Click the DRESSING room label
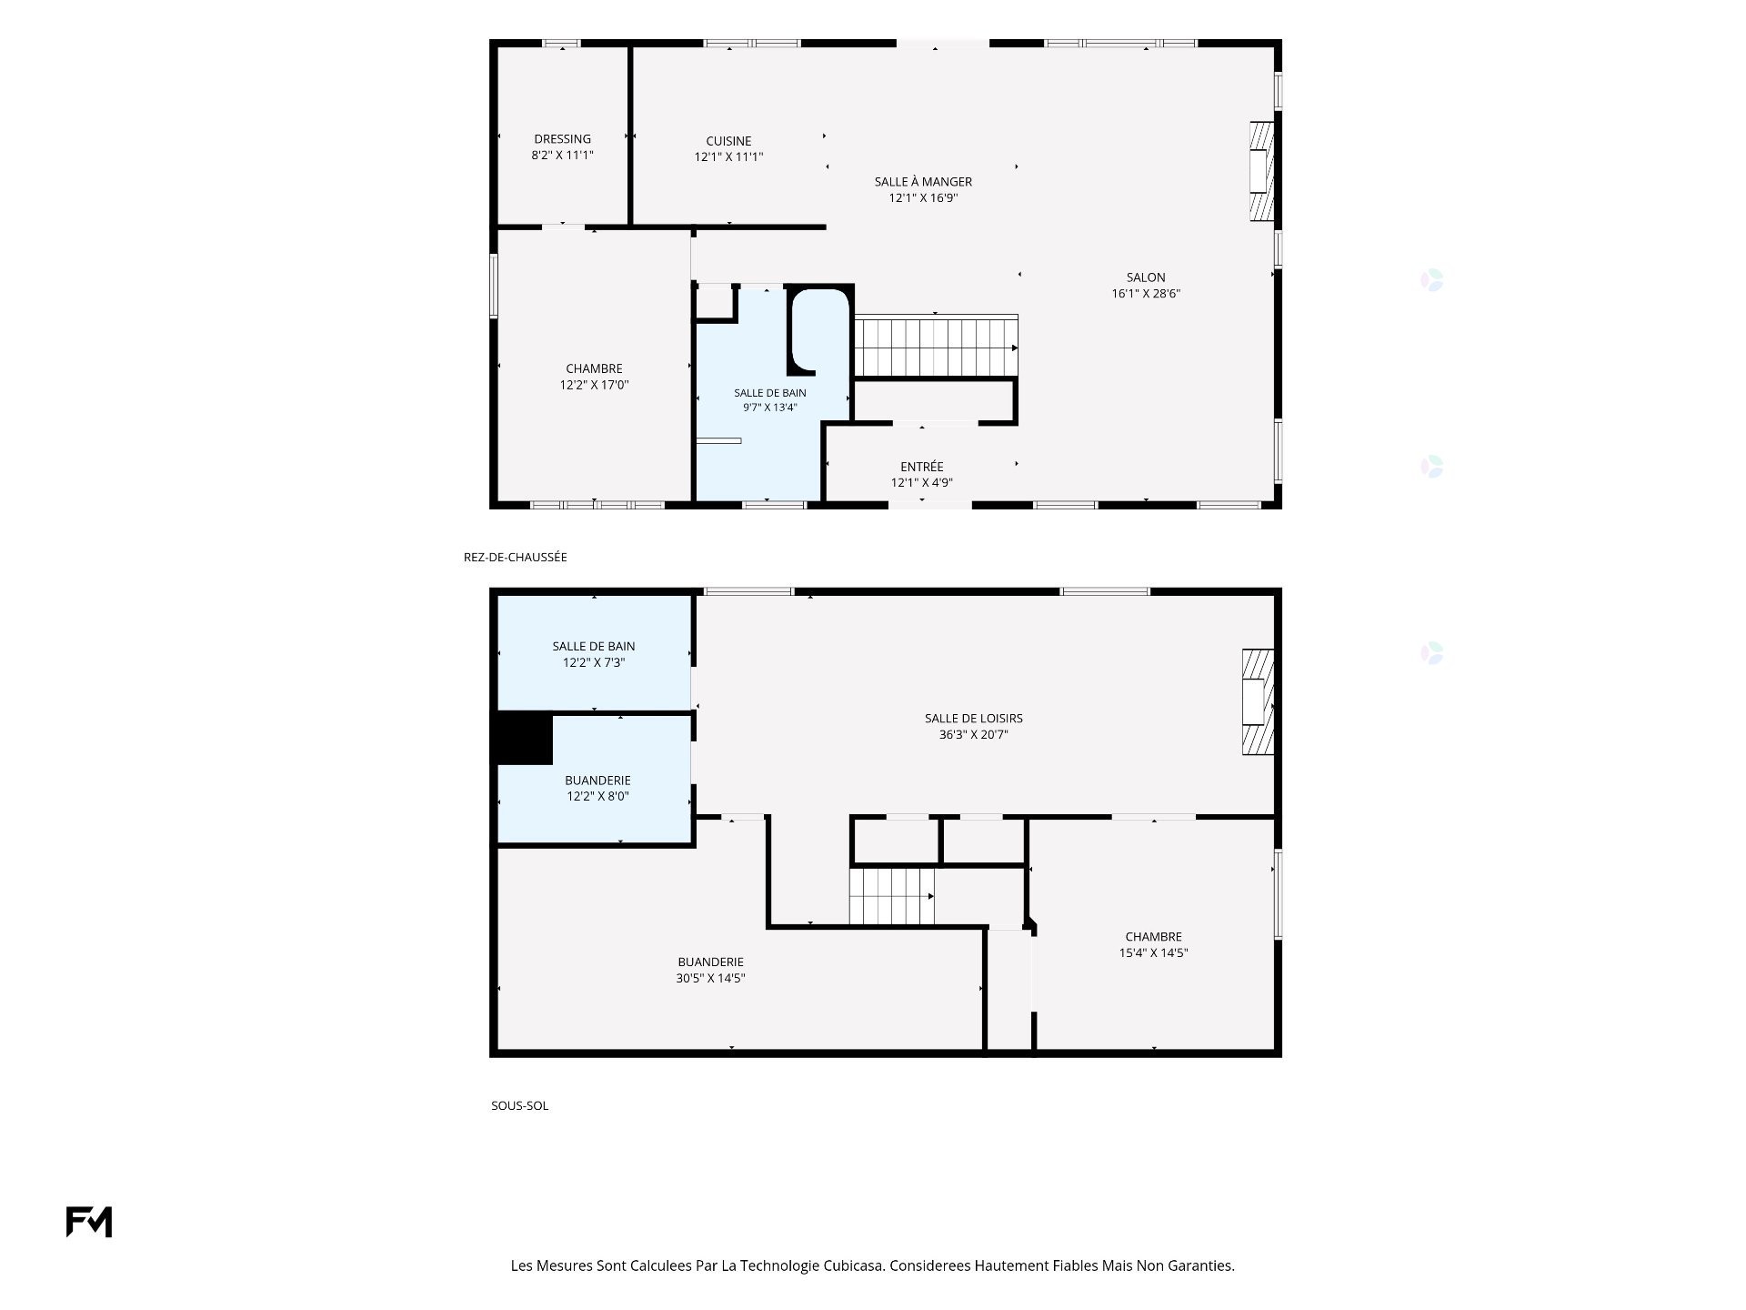pyautogui.click(x=562, y=139)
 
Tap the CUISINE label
pyautogui.click(x=728, y=141)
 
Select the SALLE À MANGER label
pyautogui.click(x=923, y=182)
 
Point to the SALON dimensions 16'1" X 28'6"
pyautogui.click(x=1146, y=294)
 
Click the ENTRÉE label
pyautogui.click(x=922, y=467)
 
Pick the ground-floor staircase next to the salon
pyautogui.click(x=936, y=346)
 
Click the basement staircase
pyautogui.click(x=892, y=896)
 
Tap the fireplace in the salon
pyautogui.click(x=1261, y=172)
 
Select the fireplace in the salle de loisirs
pyautogui.click(x=1258, y=701)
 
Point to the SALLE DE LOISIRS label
pyautogui.click(x=973, y=719)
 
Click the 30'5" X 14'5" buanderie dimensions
pyautogui.click(x=710, y=979)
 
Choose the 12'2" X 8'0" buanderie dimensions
pyautogui.click(x=597, y=797)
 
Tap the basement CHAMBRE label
pyautogui.click(x=1153, y=937)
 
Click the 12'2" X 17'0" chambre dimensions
pyautogui.click(x=594, y=385)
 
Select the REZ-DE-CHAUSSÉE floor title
pyautogui.click(x=515, y=557)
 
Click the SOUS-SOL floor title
pyautogui.click(x=519, y=1105)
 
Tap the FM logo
pyautogui.click(x=89, y=1222)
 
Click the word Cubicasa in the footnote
pyautogui.click(x=854, y=1265)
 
